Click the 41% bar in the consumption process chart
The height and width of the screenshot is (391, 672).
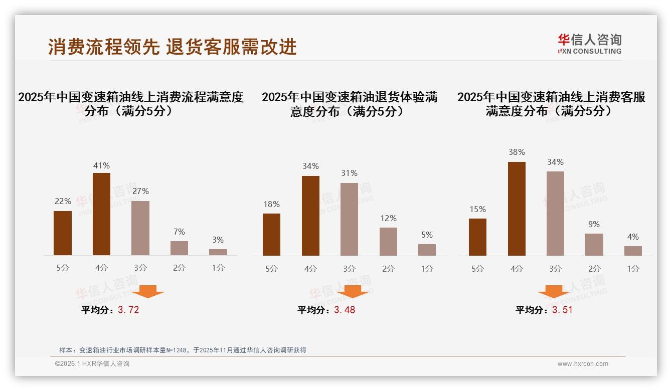point(101,214)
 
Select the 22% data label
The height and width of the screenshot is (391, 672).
point(63,201)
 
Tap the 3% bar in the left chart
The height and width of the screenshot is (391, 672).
point(218,252)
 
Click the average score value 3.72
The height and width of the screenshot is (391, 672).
point(128,310)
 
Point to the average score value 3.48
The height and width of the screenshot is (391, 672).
point(345,310)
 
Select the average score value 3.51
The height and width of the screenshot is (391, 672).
point(562,310)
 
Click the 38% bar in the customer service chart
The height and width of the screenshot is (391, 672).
point(517,209)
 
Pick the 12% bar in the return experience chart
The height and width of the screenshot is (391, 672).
point(388,242)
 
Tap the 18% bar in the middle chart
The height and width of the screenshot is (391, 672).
point(271,235)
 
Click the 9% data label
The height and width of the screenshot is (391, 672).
point(594,224)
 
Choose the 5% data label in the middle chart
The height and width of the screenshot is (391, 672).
point(427,235)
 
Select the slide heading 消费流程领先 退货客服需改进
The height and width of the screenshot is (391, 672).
point(173,47)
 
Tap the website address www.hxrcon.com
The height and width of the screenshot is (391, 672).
point(583,364)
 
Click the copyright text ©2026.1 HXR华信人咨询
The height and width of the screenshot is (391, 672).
point(92,364)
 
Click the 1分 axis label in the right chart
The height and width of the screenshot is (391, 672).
point(633,269)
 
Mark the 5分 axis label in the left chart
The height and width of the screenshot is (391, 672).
point(63,268)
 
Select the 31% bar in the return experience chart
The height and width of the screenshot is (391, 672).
point(349,219)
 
